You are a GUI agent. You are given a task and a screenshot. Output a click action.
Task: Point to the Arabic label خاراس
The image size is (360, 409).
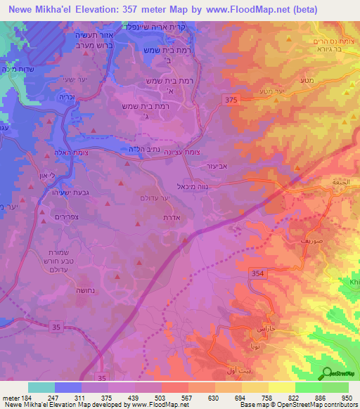click(269, 329)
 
